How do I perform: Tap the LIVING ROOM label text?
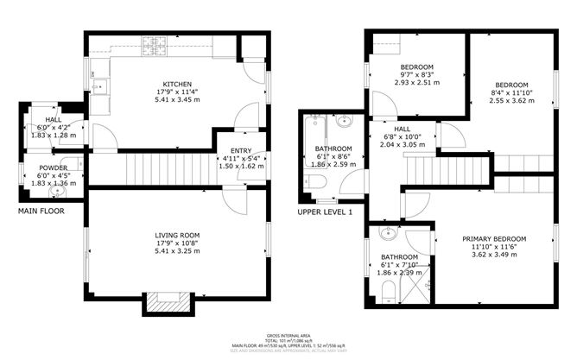pos(177,235)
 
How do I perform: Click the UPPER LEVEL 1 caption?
pos(326,212)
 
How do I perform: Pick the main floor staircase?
pos(168,164)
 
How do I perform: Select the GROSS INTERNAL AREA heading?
pos(288,334)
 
